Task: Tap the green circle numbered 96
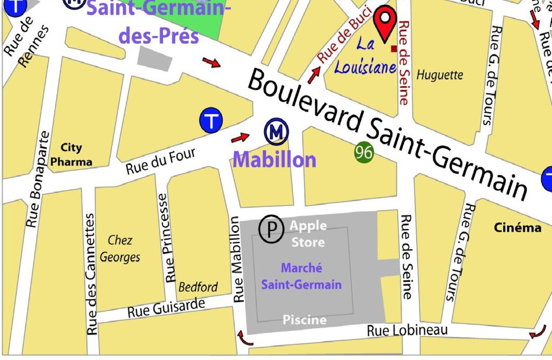tap(364, 153)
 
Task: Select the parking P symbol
tap(272, 230)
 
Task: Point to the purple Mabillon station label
tap(274, 160)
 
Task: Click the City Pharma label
tap(71, 155)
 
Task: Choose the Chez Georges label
tap(120, 249)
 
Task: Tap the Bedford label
tap(198, 287)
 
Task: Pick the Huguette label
tap(439, 75)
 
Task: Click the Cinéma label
tap(517, 228)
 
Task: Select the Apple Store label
tap(308, 233)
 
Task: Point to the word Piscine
tap(305, 320)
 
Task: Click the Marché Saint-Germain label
tap(301, 276)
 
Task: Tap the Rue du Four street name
tap(161, 162)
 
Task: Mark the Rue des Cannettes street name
tap(91, 274)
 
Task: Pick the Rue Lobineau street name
tap(407, 330)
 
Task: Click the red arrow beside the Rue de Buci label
tap(313, 75)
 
